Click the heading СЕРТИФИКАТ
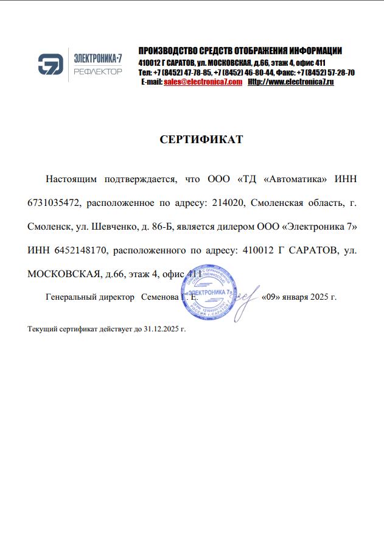[x=201, y=140]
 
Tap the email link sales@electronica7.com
[x=203, y=82]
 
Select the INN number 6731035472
[x=57, y=202]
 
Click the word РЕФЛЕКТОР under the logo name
[x=97, y=71]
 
